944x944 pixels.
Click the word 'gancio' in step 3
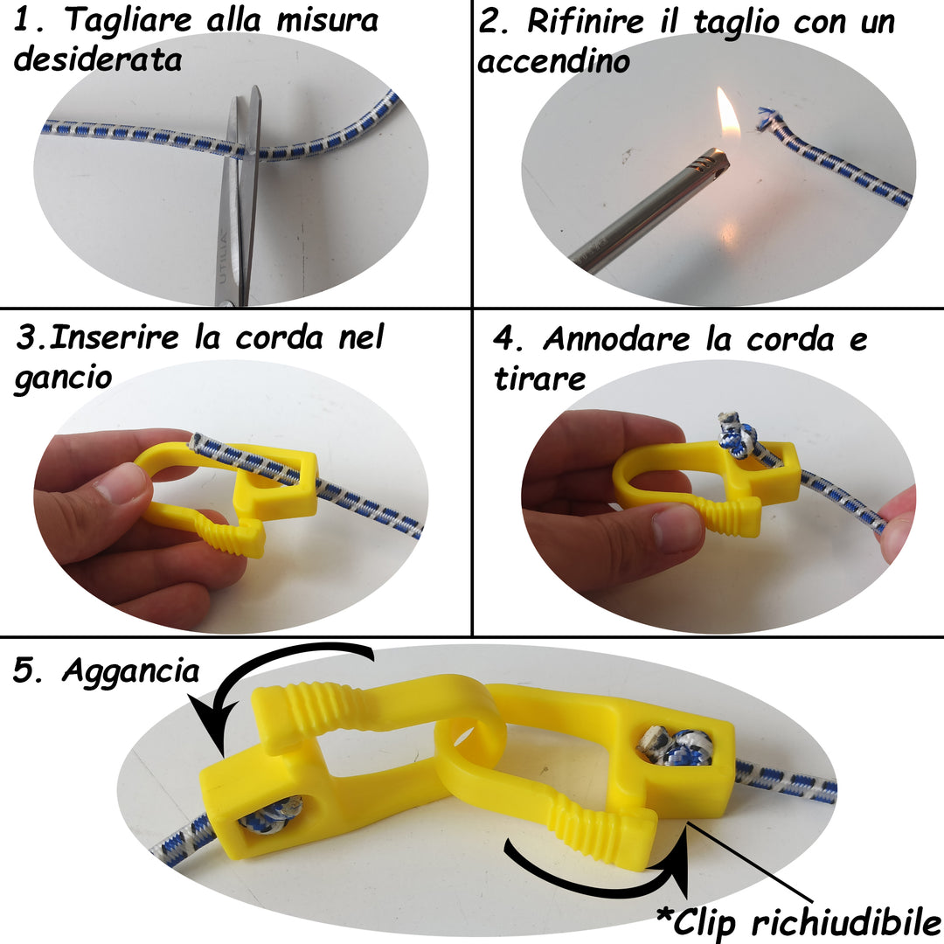tap(62, 378)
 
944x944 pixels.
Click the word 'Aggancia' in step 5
tap(130, 670)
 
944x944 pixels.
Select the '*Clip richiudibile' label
tap(798, 922)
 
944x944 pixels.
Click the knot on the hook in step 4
tap(734, 435)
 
